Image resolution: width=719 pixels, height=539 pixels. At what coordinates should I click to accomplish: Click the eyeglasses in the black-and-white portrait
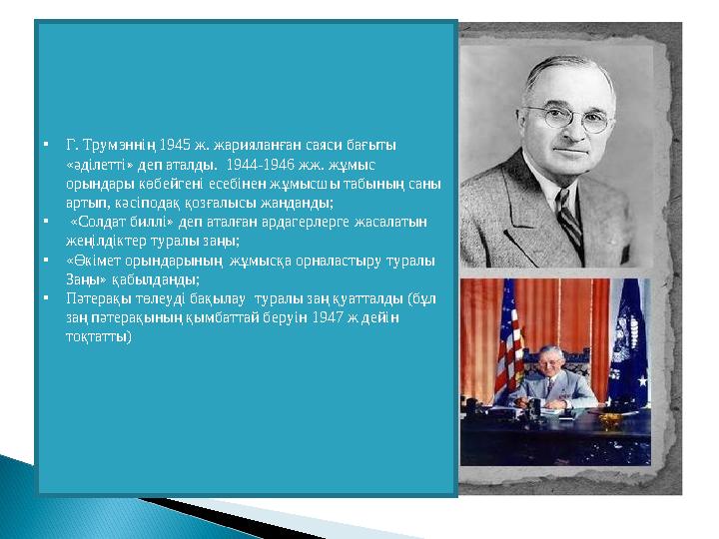(x=568, y=118)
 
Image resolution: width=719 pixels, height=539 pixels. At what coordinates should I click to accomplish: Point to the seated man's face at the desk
(x=550, y=362)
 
